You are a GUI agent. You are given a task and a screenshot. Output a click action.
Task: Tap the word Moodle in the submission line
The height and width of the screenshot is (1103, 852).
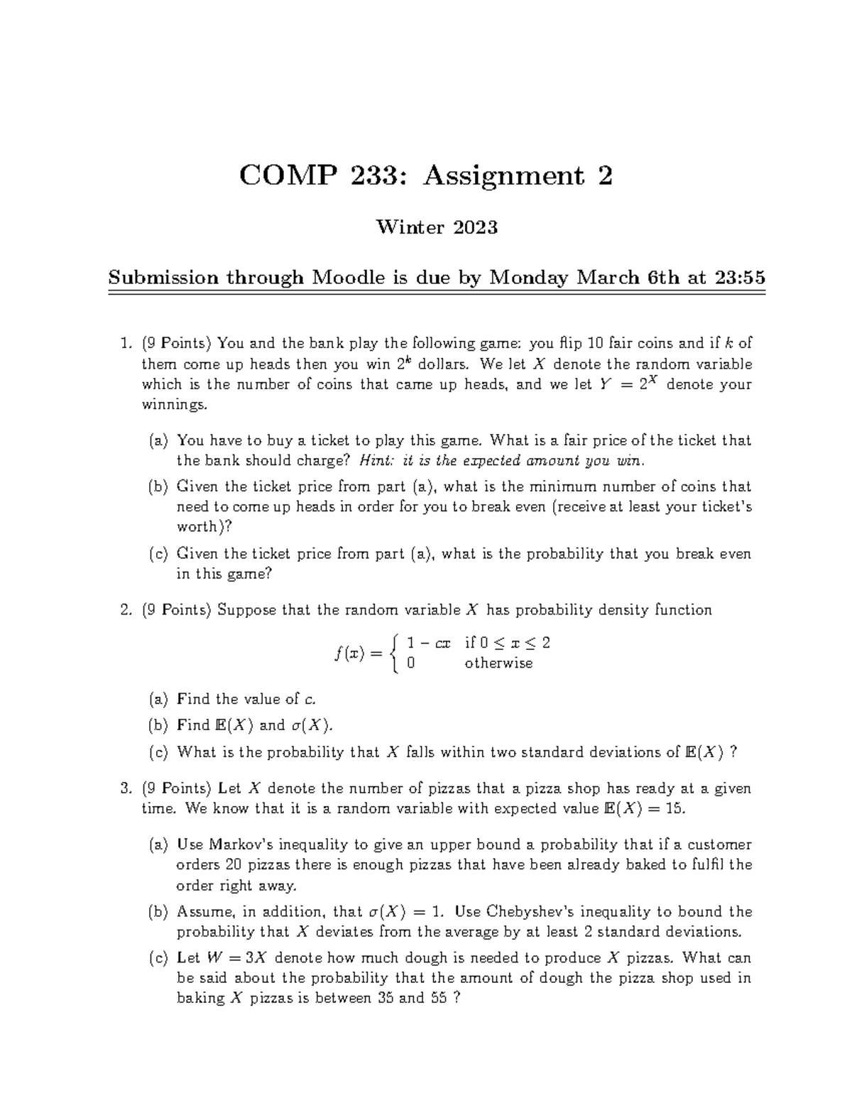[346, 278]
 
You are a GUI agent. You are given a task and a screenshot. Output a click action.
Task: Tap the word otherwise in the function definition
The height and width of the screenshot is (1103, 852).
[498, 663]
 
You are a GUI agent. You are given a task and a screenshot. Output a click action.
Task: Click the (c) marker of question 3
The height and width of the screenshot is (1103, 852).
[158, 958]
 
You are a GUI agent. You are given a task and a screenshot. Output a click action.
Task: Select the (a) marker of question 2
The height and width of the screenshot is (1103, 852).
[158, 700]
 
